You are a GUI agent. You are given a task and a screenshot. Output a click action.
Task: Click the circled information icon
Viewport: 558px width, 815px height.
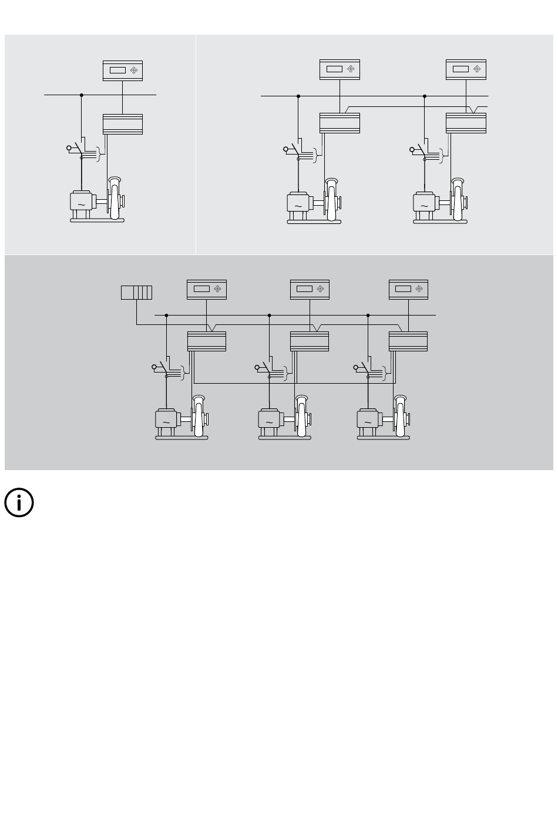point(19,503)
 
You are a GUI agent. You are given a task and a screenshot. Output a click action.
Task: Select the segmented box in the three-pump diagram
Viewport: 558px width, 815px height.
point(136,292)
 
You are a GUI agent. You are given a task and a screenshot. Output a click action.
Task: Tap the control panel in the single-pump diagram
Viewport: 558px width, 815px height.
point(122,71)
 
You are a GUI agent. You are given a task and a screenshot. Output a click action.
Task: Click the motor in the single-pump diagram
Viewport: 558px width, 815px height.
point(80,202)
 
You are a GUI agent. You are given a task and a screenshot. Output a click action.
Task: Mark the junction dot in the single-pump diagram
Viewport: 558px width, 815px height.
point(82,95)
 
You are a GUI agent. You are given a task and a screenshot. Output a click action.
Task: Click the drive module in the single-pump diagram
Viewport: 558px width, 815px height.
point(122,124)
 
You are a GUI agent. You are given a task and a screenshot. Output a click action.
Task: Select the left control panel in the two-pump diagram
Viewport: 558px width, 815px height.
point(339,69)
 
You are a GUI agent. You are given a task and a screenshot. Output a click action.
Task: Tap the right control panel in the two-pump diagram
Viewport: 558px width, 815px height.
point(466,69)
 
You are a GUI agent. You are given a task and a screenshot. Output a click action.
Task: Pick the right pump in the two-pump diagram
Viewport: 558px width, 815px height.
point(459,200)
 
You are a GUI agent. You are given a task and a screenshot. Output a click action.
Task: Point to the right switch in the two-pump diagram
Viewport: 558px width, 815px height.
point(419,150)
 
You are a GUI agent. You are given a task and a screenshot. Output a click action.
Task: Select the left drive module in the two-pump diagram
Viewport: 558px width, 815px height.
point(339,123)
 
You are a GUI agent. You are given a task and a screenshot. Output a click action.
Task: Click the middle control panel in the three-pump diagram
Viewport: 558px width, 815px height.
point(310,289)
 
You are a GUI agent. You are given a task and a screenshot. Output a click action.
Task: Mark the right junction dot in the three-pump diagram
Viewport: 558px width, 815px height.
point(368,316)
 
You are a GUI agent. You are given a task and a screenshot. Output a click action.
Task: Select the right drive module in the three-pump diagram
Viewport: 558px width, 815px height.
point(408,341)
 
